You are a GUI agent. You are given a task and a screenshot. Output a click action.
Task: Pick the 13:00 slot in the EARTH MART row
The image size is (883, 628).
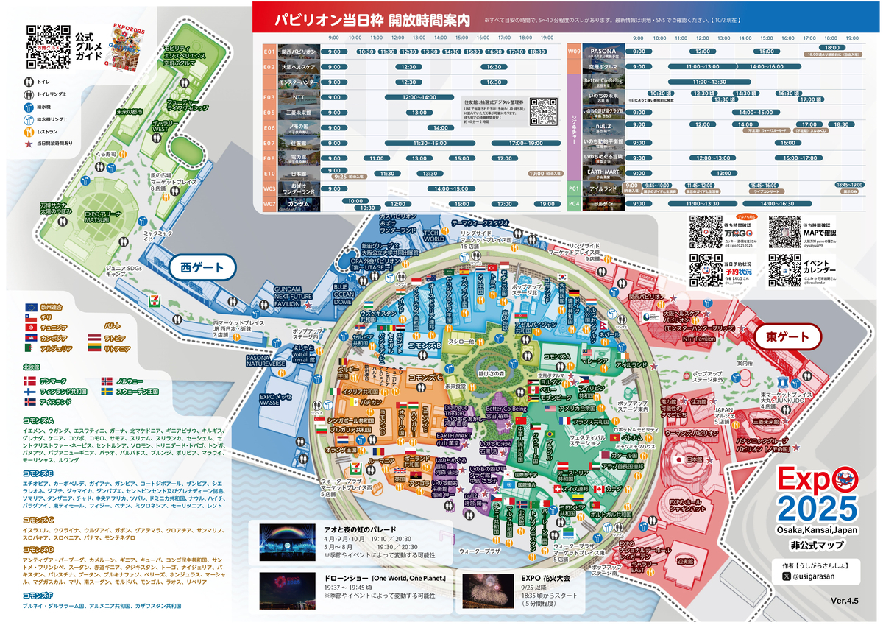pyautogui.click(x=703, y=172)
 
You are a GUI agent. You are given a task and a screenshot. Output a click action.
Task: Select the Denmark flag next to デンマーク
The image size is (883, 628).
pyautogui.click(x=30, y=381)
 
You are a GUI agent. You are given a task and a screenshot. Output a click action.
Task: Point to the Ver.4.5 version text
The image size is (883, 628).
pyautogui.click(x=844, y=601)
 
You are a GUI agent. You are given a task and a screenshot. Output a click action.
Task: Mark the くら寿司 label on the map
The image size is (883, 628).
pyautogui.click(x=106, y=154)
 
